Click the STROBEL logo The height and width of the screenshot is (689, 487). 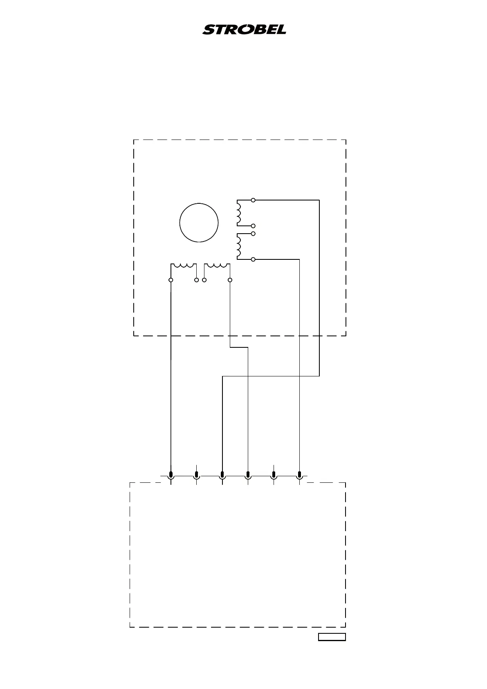pyautogui.click(x=244, y=30)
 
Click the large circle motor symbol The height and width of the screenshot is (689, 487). pyautogui.click(x=199, y=223)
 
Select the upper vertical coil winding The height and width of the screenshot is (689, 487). pyautogui.click(x=239, y=213)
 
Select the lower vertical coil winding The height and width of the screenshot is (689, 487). pyautogui.click(x=239, y=246)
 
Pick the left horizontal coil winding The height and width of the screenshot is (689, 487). pyautogui.click(x=184, y=266)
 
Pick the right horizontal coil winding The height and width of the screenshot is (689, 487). pyautogui.click(x=217, y=266)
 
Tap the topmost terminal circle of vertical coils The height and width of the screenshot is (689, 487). pyautogui.click(x=254, y=200)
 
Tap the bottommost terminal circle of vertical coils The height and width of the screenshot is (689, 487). pyautogui.click(x=254, y=259)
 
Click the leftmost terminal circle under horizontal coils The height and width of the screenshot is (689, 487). pyautogui.click(x=171, y=280)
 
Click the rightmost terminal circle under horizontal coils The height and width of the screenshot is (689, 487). pyautogui.click(x=230, y=280)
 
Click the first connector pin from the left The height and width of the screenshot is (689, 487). pyautogui.click(x=171, y=475)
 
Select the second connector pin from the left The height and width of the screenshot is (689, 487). pyautogui.click(x=197, y=475)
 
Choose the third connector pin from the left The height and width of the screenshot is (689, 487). pyautogui.click(x=222, y=475)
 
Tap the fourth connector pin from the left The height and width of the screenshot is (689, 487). pyautogui.click(x=248, y=475)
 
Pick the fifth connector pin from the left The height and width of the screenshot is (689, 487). pyautogui.click(x=274, y=475)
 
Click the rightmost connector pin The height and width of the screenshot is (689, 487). pyautogui.click(x=300, y=475)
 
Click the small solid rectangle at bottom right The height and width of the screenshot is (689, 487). pyautogui.click(x=332, y=637)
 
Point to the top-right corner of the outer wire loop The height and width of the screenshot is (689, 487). pyautogui.click(x=319, y=200)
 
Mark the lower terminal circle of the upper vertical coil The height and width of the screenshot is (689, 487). pyautogui.click(x=254, y=226)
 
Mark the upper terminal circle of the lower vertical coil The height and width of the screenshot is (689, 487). pyautogui.click(x=254, y=234)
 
